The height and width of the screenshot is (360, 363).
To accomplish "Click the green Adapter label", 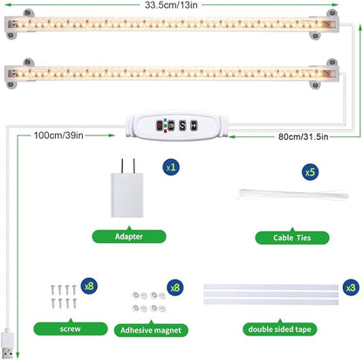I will (129, 235).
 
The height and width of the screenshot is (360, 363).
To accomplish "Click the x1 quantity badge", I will (171, 164).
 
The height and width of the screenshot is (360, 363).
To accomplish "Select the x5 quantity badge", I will (309, 172).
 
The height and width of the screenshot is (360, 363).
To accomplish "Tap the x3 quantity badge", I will (350, 287).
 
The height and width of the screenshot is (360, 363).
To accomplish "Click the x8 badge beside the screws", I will (88, 285).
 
